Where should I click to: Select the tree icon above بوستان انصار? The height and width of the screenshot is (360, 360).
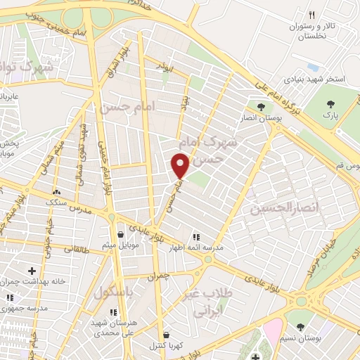[262, 107]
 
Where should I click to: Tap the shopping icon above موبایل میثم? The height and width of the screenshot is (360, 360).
[120, 234]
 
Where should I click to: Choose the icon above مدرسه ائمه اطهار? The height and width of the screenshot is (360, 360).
[195, 237]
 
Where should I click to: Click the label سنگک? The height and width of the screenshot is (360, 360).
[57, 201]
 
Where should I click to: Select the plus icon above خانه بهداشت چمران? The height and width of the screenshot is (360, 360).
[31, 271]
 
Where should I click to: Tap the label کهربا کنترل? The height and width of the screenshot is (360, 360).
[165, 347]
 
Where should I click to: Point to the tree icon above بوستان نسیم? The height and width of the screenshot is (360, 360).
[301, 326]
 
